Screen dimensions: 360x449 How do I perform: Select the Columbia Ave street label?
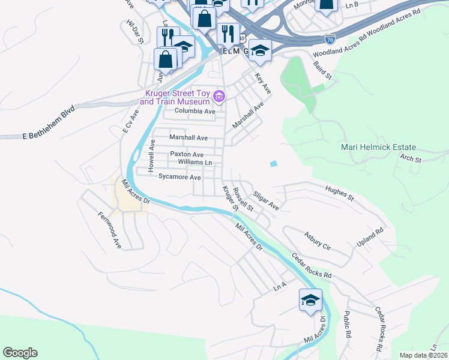[194, 112]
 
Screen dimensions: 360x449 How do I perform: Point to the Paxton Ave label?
[187, 154]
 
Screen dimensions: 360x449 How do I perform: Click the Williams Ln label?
[195, 162]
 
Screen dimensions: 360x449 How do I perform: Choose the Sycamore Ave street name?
[179, 177]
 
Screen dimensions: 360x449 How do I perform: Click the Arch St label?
[411, 160]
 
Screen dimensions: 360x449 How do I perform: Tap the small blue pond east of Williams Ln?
[274, 163]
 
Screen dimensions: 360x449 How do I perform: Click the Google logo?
[20, 353]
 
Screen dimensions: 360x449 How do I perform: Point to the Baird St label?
[324, 70]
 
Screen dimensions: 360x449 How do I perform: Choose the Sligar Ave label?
[266, 201]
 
